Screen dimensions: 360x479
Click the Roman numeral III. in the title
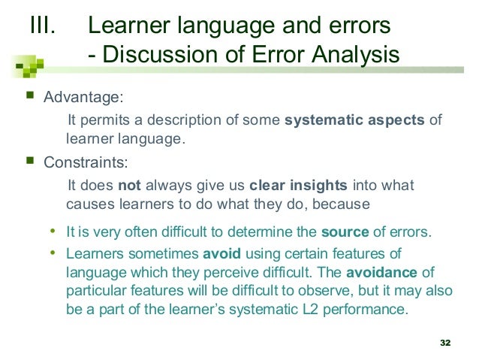tap(42, 26)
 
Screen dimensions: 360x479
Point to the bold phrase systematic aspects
tap(354, 122)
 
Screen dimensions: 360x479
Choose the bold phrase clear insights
tap(297, 186)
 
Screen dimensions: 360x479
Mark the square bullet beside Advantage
tap(29, 97)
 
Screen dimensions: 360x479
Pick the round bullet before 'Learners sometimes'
tap(52, 253)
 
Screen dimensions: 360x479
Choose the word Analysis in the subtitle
tap(355, 56)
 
